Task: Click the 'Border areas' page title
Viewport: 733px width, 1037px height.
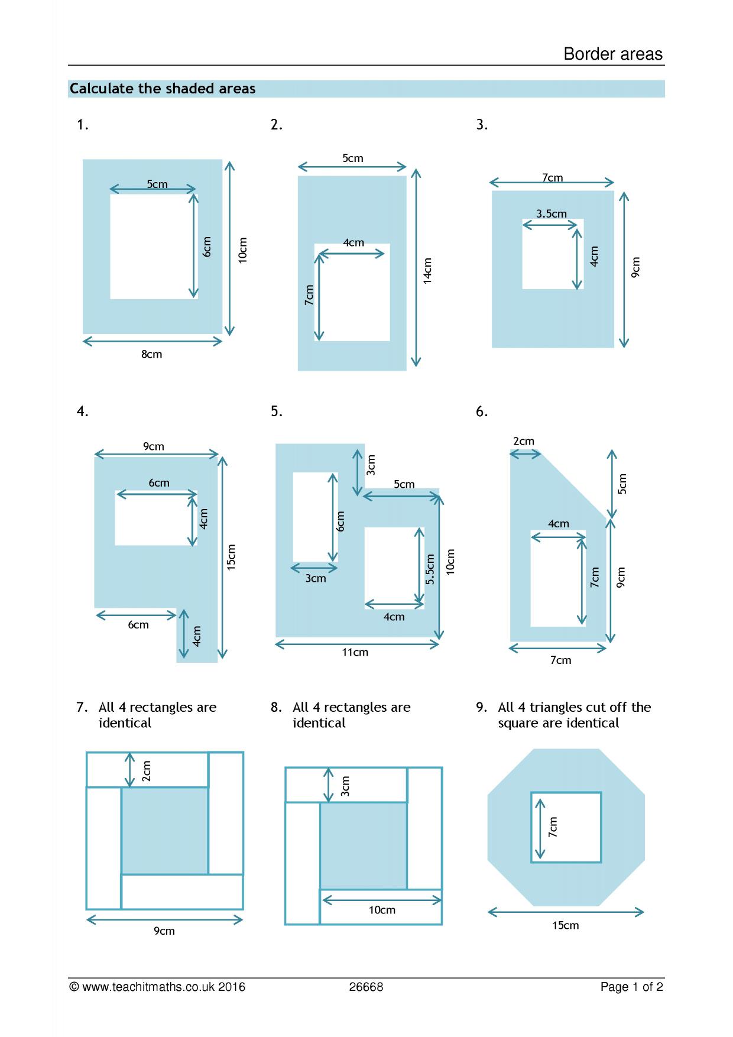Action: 613,54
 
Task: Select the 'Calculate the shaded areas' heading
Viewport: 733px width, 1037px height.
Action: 163,89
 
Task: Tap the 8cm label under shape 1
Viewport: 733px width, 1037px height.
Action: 151,354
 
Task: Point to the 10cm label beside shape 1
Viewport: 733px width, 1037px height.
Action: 242,250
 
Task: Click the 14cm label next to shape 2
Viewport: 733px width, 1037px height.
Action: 427,271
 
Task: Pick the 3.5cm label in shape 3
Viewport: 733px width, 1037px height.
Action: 552,213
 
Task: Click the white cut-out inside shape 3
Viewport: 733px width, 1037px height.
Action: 553,254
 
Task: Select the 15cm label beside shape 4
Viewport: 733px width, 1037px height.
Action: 231,557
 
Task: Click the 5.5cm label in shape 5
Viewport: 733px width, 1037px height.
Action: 430,569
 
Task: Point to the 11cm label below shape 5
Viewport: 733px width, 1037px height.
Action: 355,652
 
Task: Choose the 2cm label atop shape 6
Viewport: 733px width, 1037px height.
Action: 524,441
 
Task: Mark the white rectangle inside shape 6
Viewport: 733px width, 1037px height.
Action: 558,578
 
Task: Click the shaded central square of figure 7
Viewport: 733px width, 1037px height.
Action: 165,831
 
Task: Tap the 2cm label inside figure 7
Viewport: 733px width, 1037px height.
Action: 147,771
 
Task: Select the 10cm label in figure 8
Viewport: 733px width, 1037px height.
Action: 382,910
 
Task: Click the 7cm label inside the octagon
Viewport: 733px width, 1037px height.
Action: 553,827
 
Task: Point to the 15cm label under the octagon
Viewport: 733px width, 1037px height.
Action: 566,925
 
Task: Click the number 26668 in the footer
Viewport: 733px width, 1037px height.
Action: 366,987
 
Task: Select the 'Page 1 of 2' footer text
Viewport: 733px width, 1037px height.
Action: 632,987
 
